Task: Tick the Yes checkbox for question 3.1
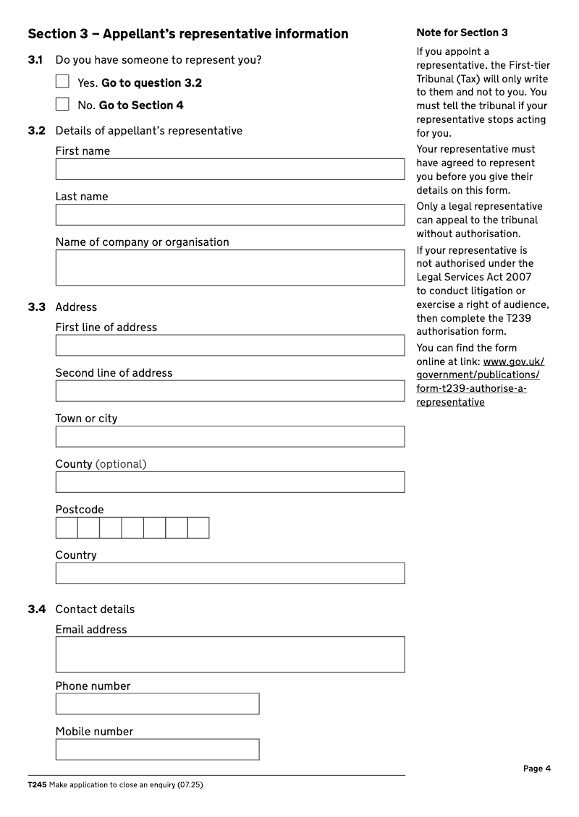[x=63, y=82]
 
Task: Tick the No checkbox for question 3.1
[x=63, y=104]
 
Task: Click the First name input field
[x=229, y=169]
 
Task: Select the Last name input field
[x=229, y=215]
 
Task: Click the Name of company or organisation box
[x=229, y=268]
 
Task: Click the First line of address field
[x=229, y=346]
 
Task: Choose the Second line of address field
[x=229, y=391]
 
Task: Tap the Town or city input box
[x=229, y=437]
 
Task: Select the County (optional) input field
[x=229, y=482]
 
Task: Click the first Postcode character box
[x=67, y=528]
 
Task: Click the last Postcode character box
[x=198, y=528]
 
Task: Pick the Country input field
[x=229, y=573]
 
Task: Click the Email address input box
[x=229, y=654]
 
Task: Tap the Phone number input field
[x=157, y=704]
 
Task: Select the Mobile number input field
[x=157, y=750]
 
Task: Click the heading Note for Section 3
[x=462, y=33]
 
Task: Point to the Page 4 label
[x=537, y=769]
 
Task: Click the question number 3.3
[x=37, y=307]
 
